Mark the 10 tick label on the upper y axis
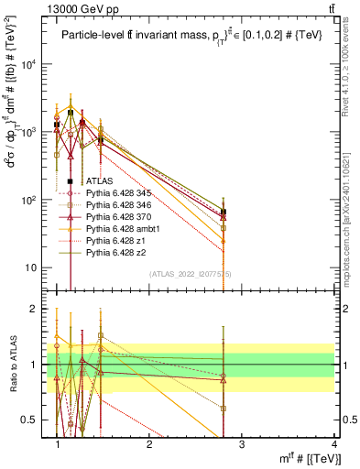coord(32,267)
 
